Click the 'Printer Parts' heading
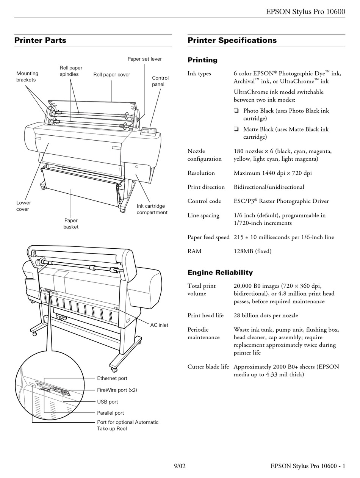click(40, 41)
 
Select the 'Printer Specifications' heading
click(232, 41)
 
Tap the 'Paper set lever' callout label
click(144, 59)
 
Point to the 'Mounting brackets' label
click(27, 77)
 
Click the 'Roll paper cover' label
click(112, 75)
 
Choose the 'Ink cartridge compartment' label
click(152, 209)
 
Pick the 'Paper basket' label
click(71, 224)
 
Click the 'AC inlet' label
click(159, 325)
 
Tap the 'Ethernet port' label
click(112, 378)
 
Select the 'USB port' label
click(108, 402)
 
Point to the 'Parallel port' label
click(110, 413)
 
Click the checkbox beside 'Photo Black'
click(236, 111)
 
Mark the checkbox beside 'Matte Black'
click(236, 130)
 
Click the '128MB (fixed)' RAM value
click(252, 251)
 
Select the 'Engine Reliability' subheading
click(220, 273)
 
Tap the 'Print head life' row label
click(205, 315)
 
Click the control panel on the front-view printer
click(149, 132)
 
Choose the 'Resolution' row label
click(201, 173)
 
